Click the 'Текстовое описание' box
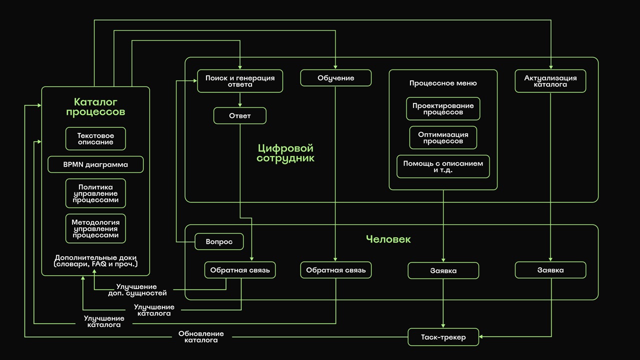click(x=95, y=139)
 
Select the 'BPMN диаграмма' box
click(x=95, y=164)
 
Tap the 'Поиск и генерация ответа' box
click(x=240, y=81)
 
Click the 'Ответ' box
click(x=240, y=116)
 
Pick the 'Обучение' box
click(x=336, y=78)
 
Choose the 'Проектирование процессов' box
click(x=443, y=109)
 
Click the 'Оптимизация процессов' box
click(x=443, y=137)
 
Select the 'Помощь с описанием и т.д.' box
click(x=443, y=166)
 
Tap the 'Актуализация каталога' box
click(x=550, y=81)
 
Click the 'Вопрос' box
click(x=219, y=241)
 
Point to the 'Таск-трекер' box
click(x=443, y=337)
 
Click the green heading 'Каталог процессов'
click(x=95, y=106)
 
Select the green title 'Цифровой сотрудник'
click(x=285, y=153)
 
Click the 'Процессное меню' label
click(x=443, y=83)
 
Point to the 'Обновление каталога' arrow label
click(x=201, y=337)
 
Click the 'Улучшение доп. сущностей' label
click(x=137, y=290)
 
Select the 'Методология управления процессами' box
click(x=95, y=228)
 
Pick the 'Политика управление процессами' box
click(x=95, y=193)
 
